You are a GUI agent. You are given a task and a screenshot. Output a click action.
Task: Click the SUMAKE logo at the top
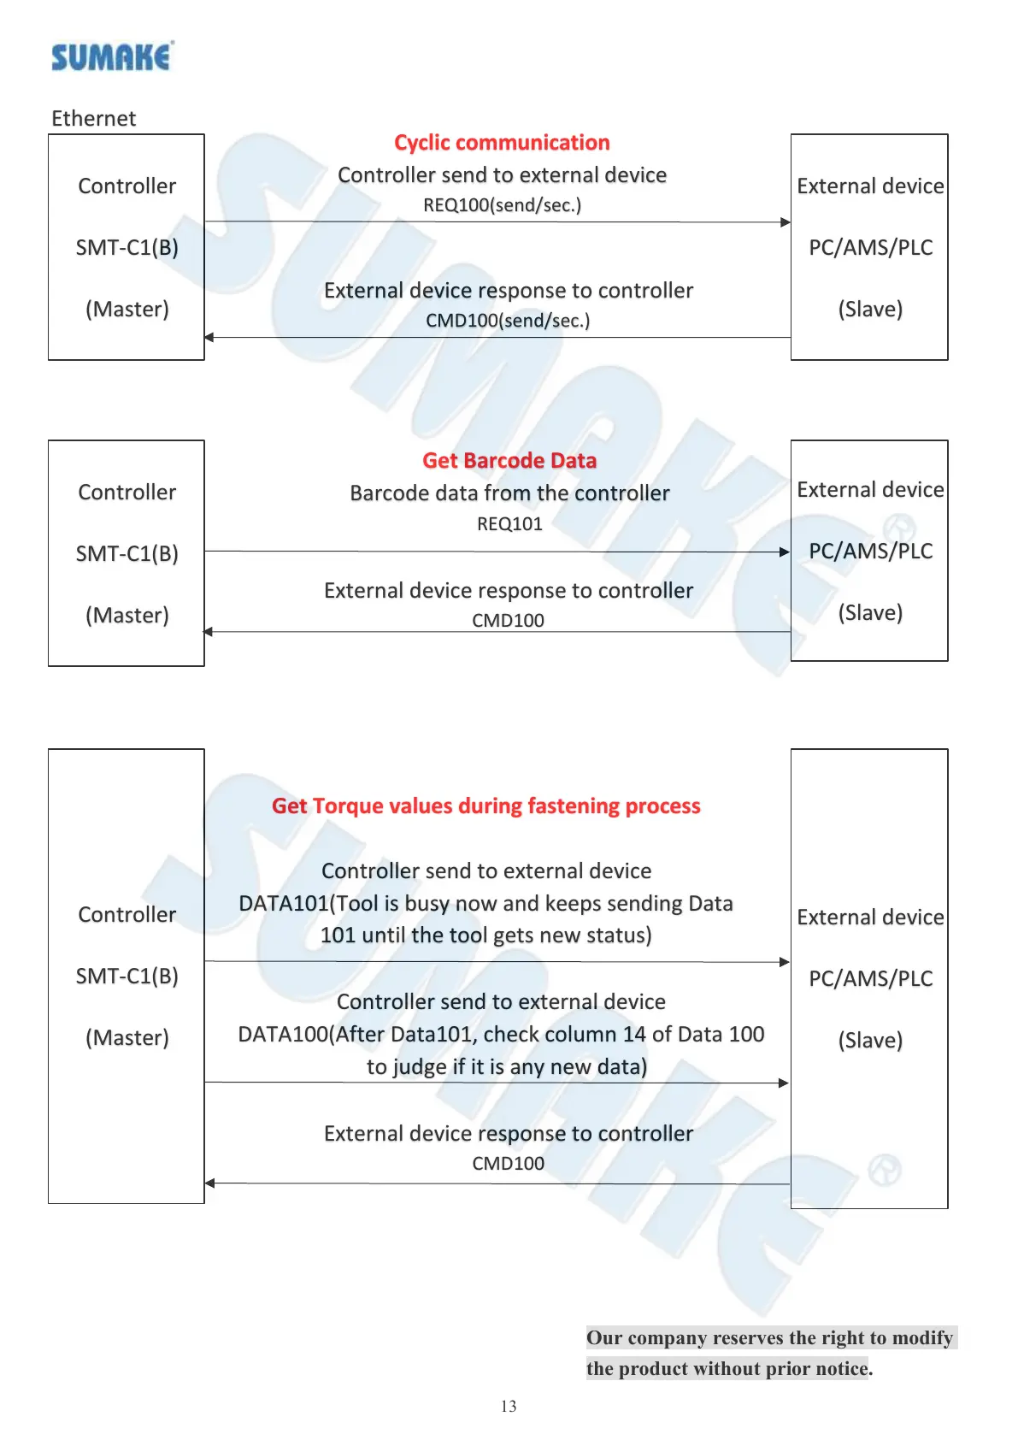[x=111, y=57]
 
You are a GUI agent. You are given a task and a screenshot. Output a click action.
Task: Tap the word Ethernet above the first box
[x=93, y=118]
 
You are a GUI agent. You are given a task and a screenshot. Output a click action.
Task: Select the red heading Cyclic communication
[x=502, y=142]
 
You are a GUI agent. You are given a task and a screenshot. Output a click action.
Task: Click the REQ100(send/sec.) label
[x=502, y=205]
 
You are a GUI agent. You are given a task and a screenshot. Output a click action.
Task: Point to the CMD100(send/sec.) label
[x=508, y=321]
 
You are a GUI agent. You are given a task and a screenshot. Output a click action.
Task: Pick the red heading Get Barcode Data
[x=509, y=460]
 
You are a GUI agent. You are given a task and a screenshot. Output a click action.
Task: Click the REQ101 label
[x=509, y=524]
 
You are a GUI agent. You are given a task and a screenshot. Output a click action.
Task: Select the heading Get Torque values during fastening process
[x=485, y=806]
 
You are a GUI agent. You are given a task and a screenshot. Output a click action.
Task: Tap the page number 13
[x=509, y=1406]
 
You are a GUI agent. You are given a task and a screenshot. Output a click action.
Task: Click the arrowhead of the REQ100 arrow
[x=786, y=222]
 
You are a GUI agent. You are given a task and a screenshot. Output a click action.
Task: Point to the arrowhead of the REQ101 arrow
[x=785, y=552]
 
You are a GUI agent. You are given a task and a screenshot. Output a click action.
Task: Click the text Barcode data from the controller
[x=509, y=493]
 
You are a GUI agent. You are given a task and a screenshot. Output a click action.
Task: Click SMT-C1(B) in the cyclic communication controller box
[x=127, y=247]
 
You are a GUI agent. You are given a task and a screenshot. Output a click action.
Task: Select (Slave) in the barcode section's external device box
[x=870, y=612]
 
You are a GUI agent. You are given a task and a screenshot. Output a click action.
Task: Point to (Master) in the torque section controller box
[x=127, y=1037]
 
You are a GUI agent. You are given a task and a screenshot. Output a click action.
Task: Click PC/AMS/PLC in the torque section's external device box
[x=870, y=978]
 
